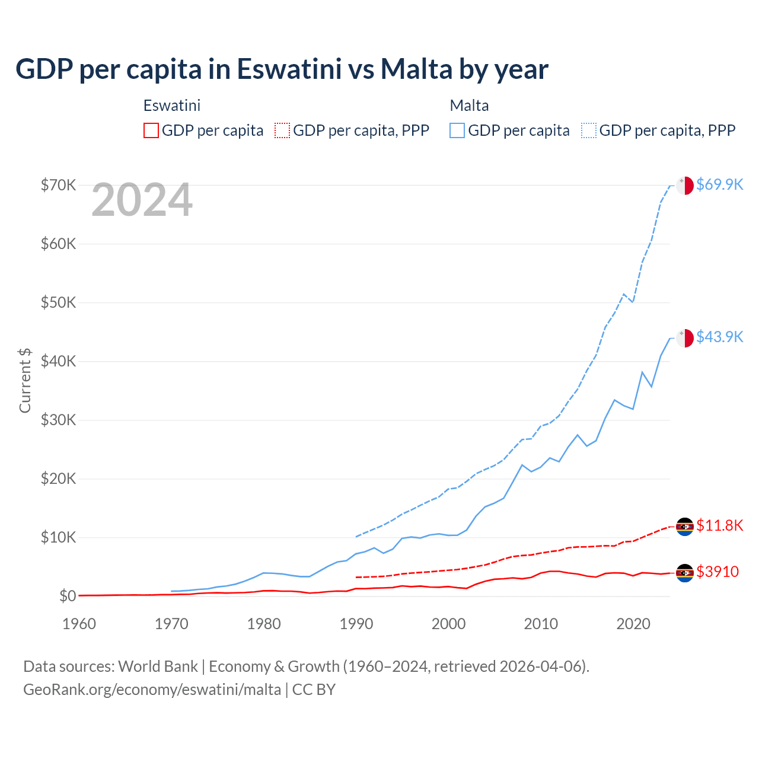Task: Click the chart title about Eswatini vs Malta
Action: coord(282,69)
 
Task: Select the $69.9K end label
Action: coord(719,184)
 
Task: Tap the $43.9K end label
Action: coord(719,337)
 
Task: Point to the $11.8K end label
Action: coord(719,525)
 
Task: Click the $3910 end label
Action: coord(717,572)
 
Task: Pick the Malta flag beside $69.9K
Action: coord(685,185)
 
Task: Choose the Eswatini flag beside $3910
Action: coord(685,573)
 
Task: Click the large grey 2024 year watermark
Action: coord(142,200)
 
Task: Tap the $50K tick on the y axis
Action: coord(58,302)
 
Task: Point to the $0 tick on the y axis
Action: coord(67,596)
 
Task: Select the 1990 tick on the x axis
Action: coord(356,624)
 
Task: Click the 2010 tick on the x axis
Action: coord(541,624)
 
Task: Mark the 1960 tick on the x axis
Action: coord(79,624)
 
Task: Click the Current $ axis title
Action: coord(25,380)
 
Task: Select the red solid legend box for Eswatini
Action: coord(151,130)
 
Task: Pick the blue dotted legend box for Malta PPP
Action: coord(589,130)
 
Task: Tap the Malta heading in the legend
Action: coord(469,106)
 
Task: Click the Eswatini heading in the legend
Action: coord(172,106)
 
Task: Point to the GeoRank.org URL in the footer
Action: coord(152,690)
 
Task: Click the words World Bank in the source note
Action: coord(158,666)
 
